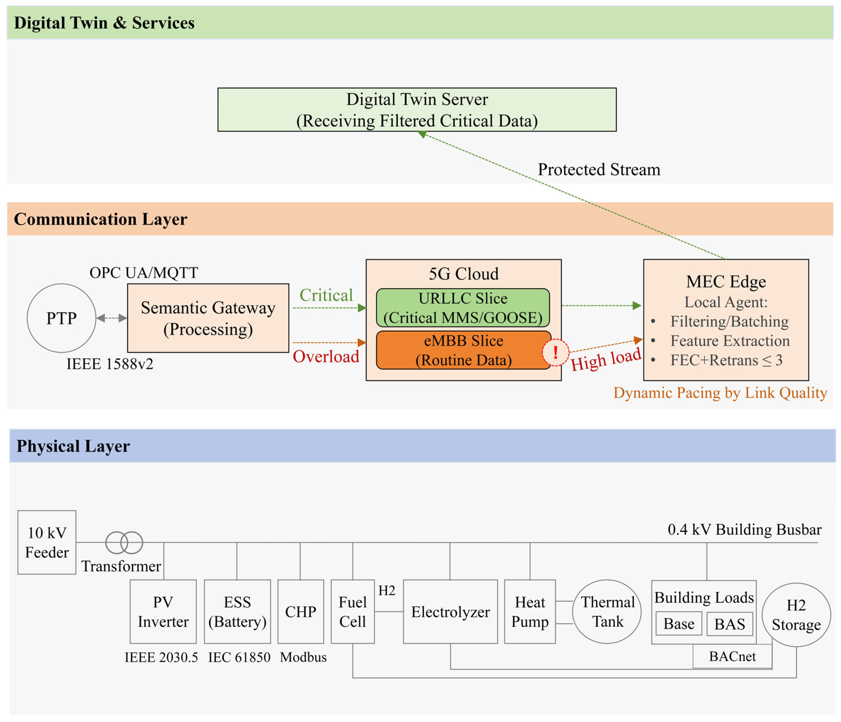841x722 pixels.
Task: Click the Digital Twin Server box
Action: click(x=417, y=110)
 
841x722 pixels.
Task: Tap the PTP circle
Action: click(x=61, y=318)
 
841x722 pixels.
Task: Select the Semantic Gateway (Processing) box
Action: click(x=208, y=318)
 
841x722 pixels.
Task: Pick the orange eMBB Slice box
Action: click(x=463, y=350)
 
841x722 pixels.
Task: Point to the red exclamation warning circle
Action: click(x=555, y=352)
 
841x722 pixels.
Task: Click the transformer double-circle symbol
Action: click(x=124, y=542)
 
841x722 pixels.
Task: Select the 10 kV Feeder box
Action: click(x=47, y=542)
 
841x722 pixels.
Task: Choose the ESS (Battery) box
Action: click(x=237, y=611)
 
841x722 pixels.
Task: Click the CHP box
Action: click(x=300, y=611)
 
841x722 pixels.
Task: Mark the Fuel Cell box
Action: click(x=352, y=611)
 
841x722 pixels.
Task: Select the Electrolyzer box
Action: click(x=450, y=611)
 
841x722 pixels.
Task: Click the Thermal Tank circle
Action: click(x=607, y=611)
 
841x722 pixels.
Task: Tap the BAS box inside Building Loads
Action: click(x=729, y=624)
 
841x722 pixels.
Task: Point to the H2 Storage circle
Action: click(x=796, y=615)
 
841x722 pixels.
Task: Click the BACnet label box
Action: click(x=732, y=656)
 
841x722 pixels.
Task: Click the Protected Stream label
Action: click(x=599, y=169)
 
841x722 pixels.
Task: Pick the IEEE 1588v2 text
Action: click(x=110, y=364)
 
